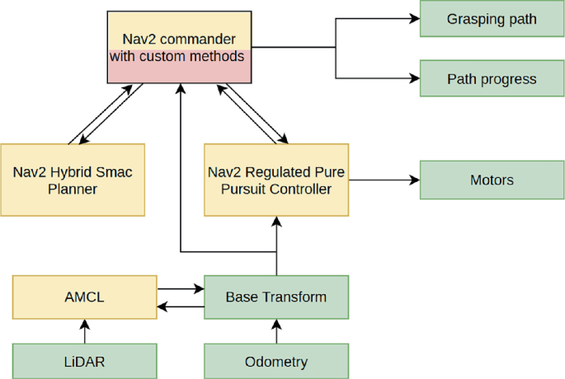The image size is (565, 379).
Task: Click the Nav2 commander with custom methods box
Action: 179,47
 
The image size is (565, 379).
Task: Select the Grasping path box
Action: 492,19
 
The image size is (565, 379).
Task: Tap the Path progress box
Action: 492,79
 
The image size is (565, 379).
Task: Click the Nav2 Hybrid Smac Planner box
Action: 73,180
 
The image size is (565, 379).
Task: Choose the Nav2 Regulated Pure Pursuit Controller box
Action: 276,180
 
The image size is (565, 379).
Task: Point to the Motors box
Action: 492,180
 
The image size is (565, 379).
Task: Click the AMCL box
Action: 84,297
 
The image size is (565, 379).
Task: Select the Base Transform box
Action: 276,297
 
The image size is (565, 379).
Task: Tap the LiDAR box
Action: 84,361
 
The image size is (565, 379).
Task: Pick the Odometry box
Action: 276,361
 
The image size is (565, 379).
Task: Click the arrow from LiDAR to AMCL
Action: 84,331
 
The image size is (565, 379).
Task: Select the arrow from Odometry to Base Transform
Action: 276,331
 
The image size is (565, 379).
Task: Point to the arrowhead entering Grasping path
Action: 414,19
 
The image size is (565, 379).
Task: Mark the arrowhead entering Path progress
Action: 414,79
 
